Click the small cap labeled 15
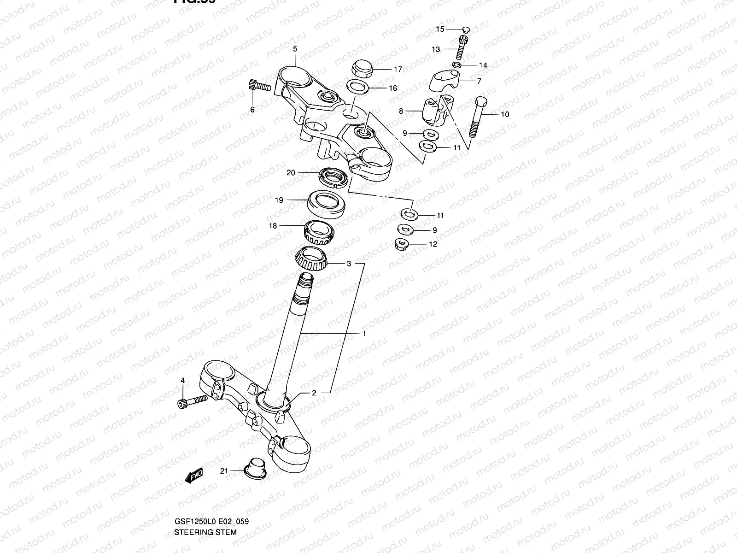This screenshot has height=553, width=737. click(x=466, y=30)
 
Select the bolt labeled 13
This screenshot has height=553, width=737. click(x=462, y=48)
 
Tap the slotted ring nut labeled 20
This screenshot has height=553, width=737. click(x=333, y=178)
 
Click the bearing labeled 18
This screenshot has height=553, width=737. click(x=318, y=231)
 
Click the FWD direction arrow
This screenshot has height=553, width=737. click(x=194, y=476)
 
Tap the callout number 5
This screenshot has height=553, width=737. click(x=295, y=48)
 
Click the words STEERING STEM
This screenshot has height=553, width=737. click(x=205, y=532)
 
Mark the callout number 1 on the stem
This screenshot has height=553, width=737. click(x=364, y=334)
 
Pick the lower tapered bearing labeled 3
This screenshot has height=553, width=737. click(x=312, y=260)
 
